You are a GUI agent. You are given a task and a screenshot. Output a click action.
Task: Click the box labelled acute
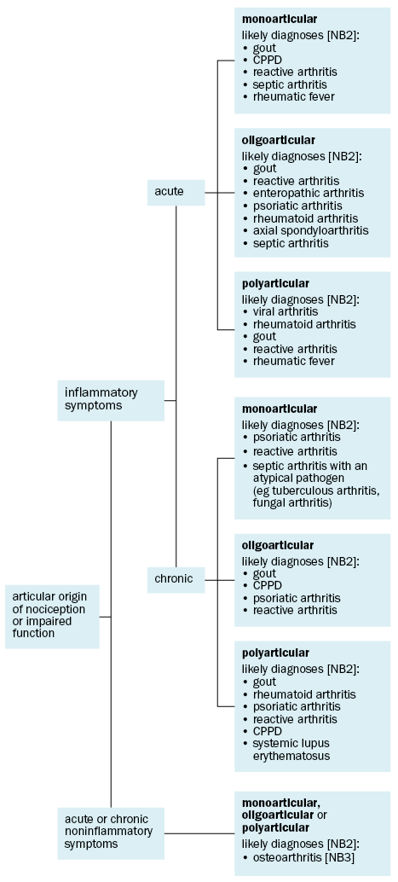[176, 193]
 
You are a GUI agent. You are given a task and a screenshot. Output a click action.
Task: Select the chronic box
[176, 579]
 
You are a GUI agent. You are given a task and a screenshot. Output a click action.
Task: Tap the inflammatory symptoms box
[111, 400]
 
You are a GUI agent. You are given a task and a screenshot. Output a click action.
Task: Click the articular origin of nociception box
[52, 617]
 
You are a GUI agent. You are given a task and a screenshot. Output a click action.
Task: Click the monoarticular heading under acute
[279, 20]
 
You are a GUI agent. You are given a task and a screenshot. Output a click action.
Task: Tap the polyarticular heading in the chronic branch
[275, 653]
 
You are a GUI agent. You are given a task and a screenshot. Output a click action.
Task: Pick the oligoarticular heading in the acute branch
[279, 140]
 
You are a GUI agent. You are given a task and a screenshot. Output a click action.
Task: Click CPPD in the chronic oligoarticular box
[267, 586]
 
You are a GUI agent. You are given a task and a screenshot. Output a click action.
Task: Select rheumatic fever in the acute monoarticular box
[293, 96]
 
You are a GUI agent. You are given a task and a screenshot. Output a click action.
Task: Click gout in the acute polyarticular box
[264, 336]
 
